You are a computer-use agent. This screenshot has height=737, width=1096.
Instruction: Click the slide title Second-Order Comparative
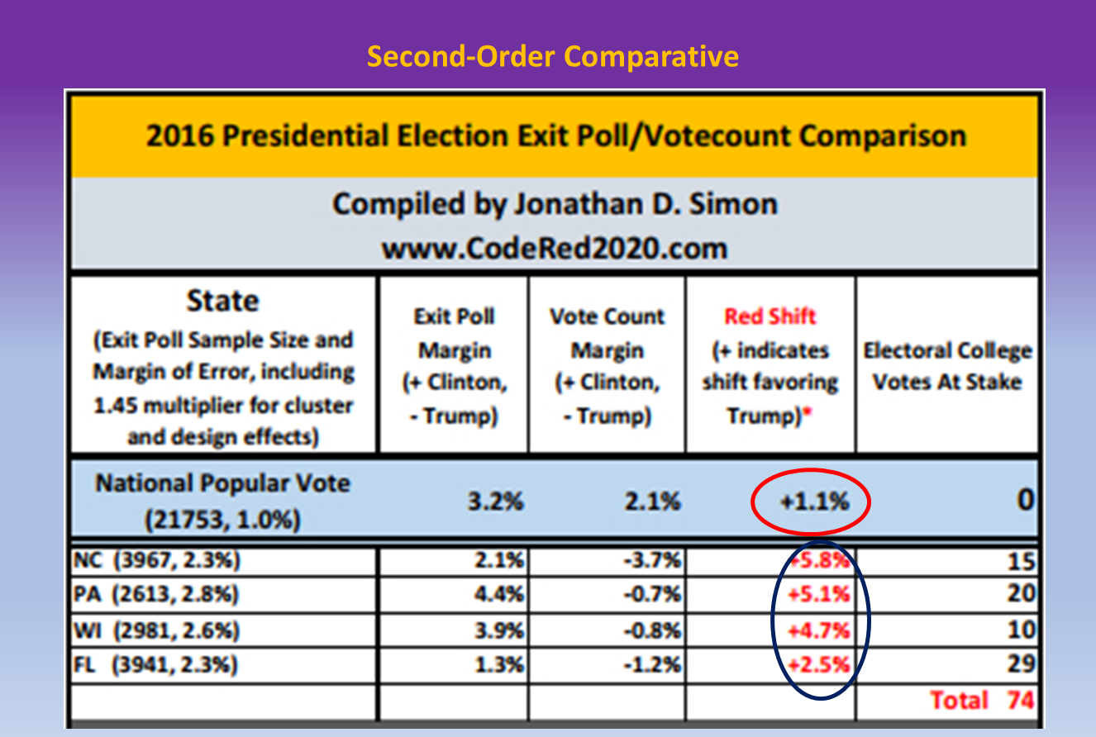click(x=552, y=57)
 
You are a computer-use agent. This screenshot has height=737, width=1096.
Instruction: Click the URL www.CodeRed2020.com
click(x=554, y=248)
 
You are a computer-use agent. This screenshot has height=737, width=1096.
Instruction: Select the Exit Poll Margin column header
click(x=455, y=366)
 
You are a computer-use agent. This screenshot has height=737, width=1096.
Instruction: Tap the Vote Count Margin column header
click(x=608, y=366)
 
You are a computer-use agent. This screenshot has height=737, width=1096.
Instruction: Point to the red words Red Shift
click(x=770, y=316)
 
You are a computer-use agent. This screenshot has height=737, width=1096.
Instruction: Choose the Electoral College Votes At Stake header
click(x=947, y=366)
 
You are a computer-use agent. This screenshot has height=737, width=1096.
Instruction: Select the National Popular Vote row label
click(x=223, y=483)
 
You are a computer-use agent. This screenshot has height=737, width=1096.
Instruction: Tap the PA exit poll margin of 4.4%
click(x=501, y=594)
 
